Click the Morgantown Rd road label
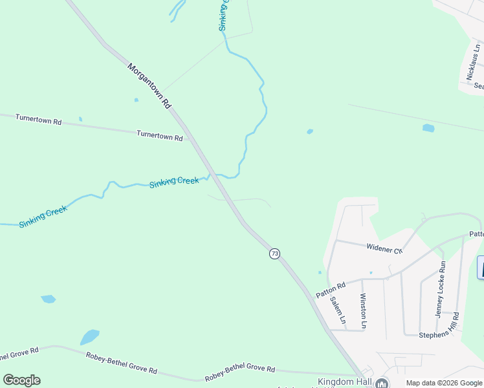pos(149,85)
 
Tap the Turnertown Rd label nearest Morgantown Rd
pos(159,135)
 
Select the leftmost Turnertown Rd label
pos(38,120)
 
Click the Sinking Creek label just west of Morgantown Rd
pos(174,182)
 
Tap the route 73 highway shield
pos(275,253)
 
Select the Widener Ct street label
pos(384,247)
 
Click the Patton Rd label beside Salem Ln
pos(331,288)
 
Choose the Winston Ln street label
pos(363,311)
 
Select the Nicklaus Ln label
pos(474,63)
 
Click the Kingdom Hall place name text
pos(345,382)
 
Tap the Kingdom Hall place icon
pos(382,383)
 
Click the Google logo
pos(21,380)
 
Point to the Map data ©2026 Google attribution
pos(443,383)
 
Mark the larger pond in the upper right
pos(428,128)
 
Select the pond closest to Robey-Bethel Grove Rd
pos(89,338)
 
